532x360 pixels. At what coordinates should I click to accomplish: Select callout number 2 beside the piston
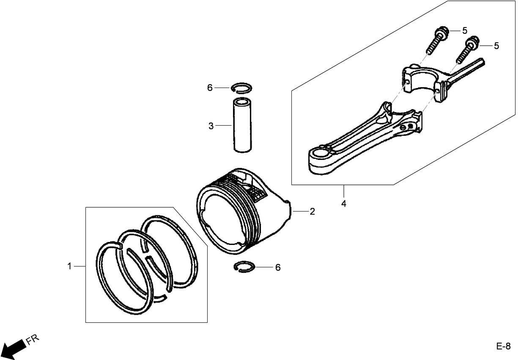click(312, 212)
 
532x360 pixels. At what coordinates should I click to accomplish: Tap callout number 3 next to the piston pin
click(211, 126)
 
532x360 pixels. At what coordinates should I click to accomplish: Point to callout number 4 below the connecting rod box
click(344, 203)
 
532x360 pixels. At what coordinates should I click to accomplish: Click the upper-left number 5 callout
click(464, 30)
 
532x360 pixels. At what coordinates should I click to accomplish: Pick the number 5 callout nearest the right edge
click(496, 46)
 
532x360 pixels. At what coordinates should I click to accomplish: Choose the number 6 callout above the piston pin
click(210, 88)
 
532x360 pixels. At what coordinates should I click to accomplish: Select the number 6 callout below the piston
click(278, 268)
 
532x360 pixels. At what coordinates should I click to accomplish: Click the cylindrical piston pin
click(242, 125)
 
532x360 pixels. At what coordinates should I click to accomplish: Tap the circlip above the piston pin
click(241, 88)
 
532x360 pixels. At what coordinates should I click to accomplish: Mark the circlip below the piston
click(244, 267)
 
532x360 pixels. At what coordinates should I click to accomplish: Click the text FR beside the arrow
click(33, 340)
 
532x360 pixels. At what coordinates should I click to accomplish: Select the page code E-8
click(503, 346)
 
